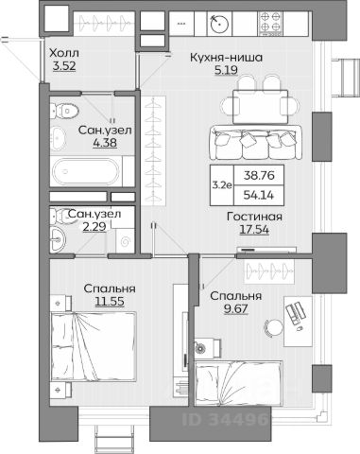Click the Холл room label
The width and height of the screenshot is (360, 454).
[x=64, y=53]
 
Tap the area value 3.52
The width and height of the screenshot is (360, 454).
[x=64, y=66]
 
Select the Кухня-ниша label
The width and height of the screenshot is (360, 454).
[x=226, y=58]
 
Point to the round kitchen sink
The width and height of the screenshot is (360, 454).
[x=219, y=24]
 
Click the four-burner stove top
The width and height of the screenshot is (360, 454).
[x=270, y=24]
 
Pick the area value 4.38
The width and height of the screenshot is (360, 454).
[x=105, y=143]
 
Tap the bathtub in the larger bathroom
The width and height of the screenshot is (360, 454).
[x=86, y=172]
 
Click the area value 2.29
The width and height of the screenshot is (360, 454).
[x=94, y=226]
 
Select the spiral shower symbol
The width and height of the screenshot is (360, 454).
[x=126, y=241]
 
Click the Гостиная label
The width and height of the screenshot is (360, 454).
[x=254, y=217]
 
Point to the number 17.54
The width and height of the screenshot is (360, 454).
[x=254, y=230]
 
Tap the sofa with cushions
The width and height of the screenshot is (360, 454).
[x=256, y=143]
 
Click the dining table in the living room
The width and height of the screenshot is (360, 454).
[x=260, y=107]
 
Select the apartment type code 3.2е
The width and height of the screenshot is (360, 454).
[x=222, y=185]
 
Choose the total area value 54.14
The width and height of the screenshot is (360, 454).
[x=259, y=195]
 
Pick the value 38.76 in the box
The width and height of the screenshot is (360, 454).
[x=259, y=175]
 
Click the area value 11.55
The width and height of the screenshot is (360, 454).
[x=110, y=302]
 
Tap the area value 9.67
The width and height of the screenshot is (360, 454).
[x=236, y=309]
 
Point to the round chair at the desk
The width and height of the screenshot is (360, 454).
[x=273, y=328]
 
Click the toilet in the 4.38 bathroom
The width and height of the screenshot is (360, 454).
[x=65, y=111]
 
